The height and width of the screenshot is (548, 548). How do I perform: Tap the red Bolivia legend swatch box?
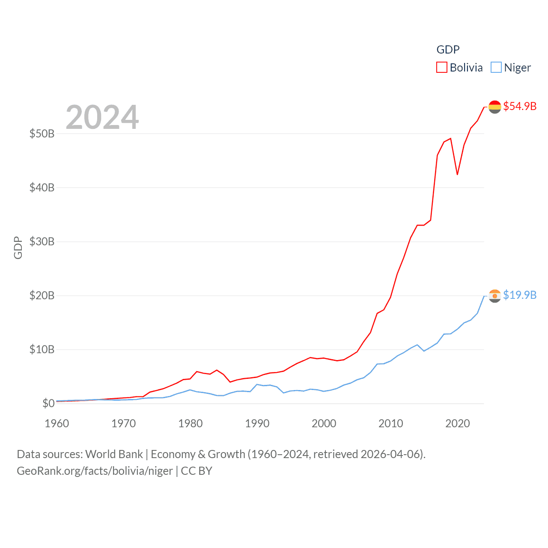point(442,67)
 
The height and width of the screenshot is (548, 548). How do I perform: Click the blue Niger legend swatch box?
point(496,67)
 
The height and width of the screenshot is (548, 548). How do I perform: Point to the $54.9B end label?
point(520,106)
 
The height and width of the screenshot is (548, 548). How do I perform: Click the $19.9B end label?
point(520,295)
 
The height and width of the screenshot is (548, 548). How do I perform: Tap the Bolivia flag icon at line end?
point(495,107)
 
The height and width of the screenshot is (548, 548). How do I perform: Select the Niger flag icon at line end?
point(495,295)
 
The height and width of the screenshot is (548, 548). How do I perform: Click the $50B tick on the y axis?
point(42,134)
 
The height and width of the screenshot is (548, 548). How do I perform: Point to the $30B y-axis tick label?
point(42,241)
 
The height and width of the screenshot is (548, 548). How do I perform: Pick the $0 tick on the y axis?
point(48,403)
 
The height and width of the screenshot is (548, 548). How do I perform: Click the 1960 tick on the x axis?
point(57,423)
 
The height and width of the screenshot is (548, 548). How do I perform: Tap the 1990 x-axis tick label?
point(257,423)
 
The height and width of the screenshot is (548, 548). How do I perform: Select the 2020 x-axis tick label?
point(458,423)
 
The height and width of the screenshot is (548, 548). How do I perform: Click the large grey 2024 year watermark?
point(102,117)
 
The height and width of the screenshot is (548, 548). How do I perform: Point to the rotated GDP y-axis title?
point(18,247)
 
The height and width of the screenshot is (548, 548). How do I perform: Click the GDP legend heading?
point(448,50)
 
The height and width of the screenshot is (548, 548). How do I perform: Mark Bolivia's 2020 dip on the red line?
point(457,174)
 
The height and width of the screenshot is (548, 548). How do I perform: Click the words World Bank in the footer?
point(114,454)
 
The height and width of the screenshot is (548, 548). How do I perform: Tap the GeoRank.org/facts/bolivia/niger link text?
point(95,471)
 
